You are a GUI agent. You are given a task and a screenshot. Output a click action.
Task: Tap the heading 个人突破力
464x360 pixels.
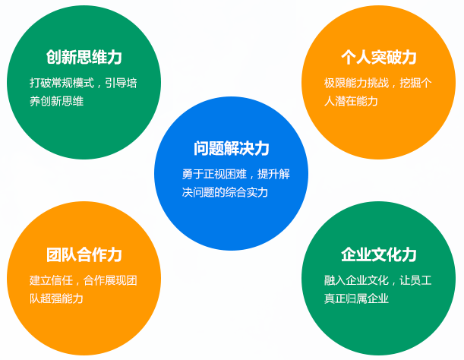379,58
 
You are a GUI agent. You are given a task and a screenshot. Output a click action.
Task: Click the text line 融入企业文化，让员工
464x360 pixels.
378,279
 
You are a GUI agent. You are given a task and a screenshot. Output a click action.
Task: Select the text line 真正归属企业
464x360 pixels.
356,298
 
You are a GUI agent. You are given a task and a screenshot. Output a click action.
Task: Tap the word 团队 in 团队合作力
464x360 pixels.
62,254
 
